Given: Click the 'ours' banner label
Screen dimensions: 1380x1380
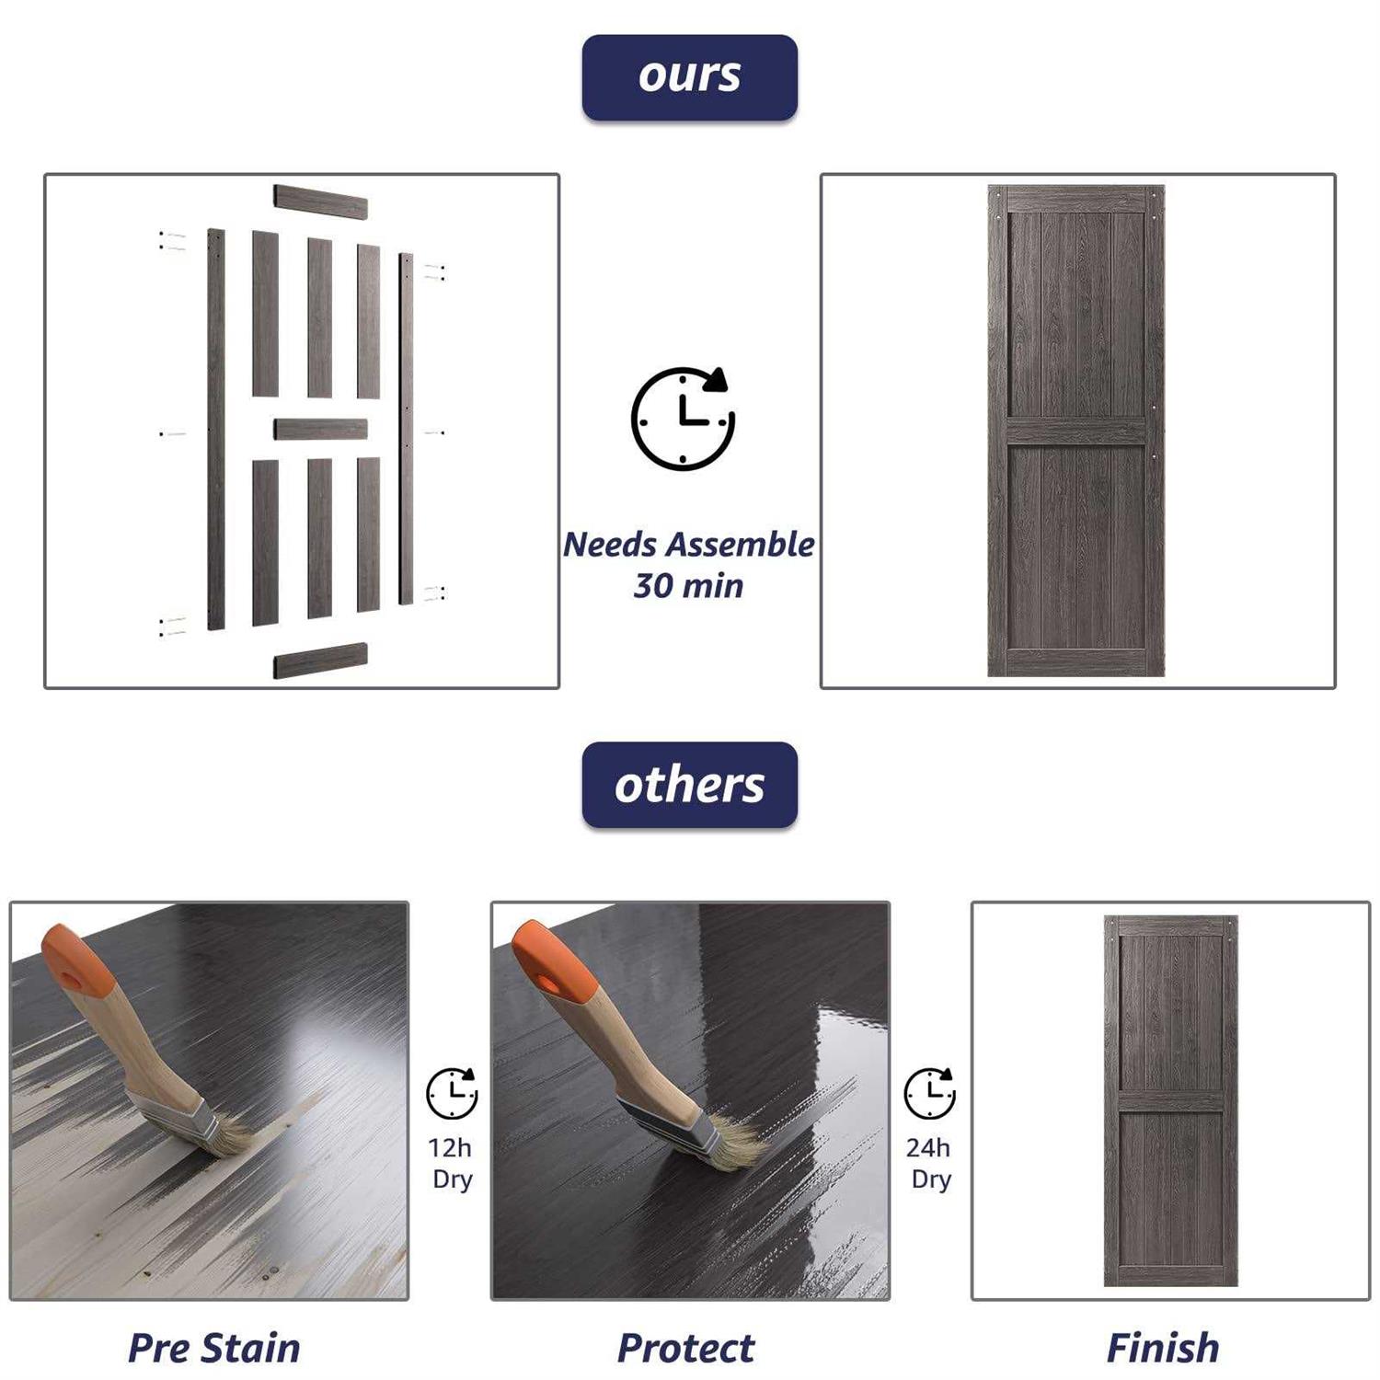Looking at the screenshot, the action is tap(689, 77).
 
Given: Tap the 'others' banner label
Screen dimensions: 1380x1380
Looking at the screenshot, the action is tap(689, 785).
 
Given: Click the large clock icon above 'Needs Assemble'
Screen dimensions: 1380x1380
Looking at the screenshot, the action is tap(683, 419).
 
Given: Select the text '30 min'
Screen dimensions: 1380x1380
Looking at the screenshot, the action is tap(688, 586).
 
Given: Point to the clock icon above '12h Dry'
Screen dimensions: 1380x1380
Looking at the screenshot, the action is tap(452, 1094).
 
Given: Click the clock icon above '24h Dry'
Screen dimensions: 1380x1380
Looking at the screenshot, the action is tap(930, 1094).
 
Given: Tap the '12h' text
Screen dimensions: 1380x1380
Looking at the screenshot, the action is tap(450, 1148).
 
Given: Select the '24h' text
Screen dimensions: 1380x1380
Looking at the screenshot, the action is tap(928, 1148).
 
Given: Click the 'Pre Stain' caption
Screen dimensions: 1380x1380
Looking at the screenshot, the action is tap(213, 1349).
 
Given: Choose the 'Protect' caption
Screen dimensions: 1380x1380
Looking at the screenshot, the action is tap(686, 1349).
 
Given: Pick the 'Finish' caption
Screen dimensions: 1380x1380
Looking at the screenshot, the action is tap(1163, 1349).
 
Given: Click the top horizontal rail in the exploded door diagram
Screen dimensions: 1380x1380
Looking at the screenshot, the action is tap(320, 202).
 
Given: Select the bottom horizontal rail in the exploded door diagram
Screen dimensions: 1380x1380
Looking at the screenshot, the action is tap(320, 661).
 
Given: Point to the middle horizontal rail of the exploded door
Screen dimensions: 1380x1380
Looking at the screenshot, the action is tap(320, 429).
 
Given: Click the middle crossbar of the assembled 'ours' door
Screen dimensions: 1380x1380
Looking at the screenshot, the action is tap(1076, 431).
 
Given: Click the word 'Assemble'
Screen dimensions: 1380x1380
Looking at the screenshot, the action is tap(741, 545).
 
